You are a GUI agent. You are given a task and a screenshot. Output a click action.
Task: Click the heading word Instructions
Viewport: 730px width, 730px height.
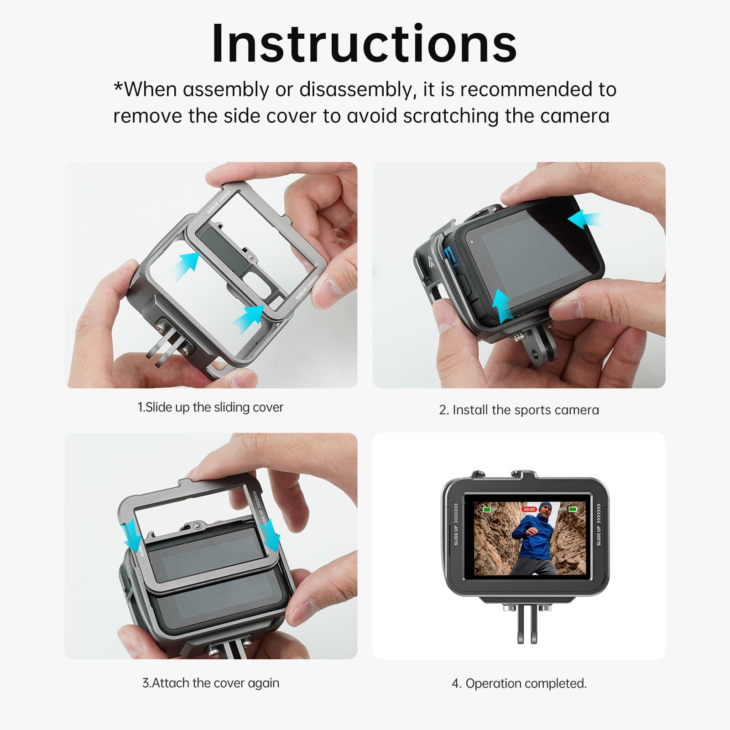coord(364,44)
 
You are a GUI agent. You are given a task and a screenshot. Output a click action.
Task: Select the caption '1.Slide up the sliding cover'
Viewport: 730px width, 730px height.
coord(210,407)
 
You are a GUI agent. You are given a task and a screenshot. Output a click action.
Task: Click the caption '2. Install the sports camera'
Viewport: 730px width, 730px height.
coord(519,410)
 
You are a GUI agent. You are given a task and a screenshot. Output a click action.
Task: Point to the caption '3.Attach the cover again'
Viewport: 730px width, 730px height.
coord(210,683)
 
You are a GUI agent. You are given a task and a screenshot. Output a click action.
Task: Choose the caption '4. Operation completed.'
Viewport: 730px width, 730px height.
coord(519,683)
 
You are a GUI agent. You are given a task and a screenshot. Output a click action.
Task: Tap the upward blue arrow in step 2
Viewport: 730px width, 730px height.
coord(502,305)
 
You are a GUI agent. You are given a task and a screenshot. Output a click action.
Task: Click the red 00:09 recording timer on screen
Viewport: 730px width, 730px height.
coord(529,509)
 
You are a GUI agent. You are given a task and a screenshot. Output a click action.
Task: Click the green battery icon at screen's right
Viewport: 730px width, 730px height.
coord(573,509)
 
